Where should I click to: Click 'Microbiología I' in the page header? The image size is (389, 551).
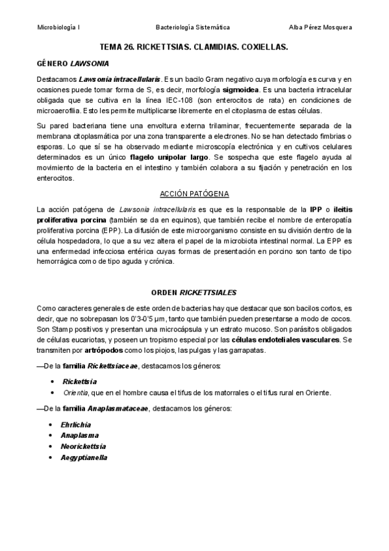click(x=58, y=27)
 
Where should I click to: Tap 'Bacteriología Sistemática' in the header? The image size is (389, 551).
click(x=193, y=27)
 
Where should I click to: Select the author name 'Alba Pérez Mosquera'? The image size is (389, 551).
click(x=321, y=27)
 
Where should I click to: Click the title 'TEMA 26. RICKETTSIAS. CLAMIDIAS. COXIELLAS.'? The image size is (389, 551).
click(x=194, y=47)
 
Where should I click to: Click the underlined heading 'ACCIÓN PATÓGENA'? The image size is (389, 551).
click(x=194, y=193)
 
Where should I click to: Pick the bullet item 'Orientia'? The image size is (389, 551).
click(x=75, y=392)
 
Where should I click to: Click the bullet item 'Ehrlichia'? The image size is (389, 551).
click(x=76, y=424)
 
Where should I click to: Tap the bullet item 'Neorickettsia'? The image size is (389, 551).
click(x=83, y=446)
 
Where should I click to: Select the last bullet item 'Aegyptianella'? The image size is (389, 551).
click(x=84, y=457)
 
